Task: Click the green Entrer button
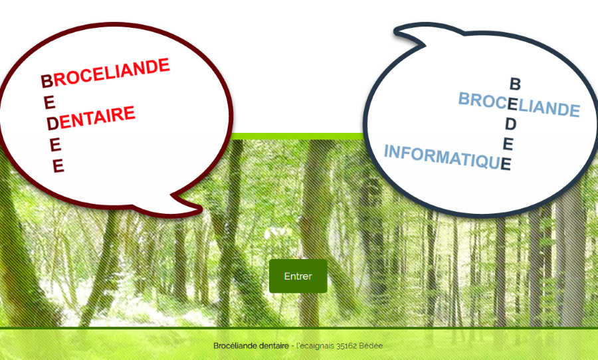click(298, 276)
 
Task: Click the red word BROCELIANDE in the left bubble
click(111, 72)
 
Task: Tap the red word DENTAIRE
click(97, 118)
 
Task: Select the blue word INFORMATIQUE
click(443, 156)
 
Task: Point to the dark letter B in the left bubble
click(47, 81)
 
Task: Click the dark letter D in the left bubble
click(53, 123)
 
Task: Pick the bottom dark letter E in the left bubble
click(58, 166)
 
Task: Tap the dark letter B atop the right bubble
click(515, 84)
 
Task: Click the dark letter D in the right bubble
click(511, 124)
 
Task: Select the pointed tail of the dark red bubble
click(200, 208)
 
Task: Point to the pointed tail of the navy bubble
click(397, 31)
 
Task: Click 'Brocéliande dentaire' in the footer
click(251, 346)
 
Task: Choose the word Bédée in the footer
click(371, 346)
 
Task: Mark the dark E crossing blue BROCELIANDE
click(512, 104)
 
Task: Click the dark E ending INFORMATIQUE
click(506, 164)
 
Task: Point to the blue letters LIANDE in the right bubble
click(549, 108)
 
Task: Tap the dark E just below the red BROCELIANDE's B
click(50, 102)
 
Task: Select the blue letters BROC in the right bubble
click(483, 100)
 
